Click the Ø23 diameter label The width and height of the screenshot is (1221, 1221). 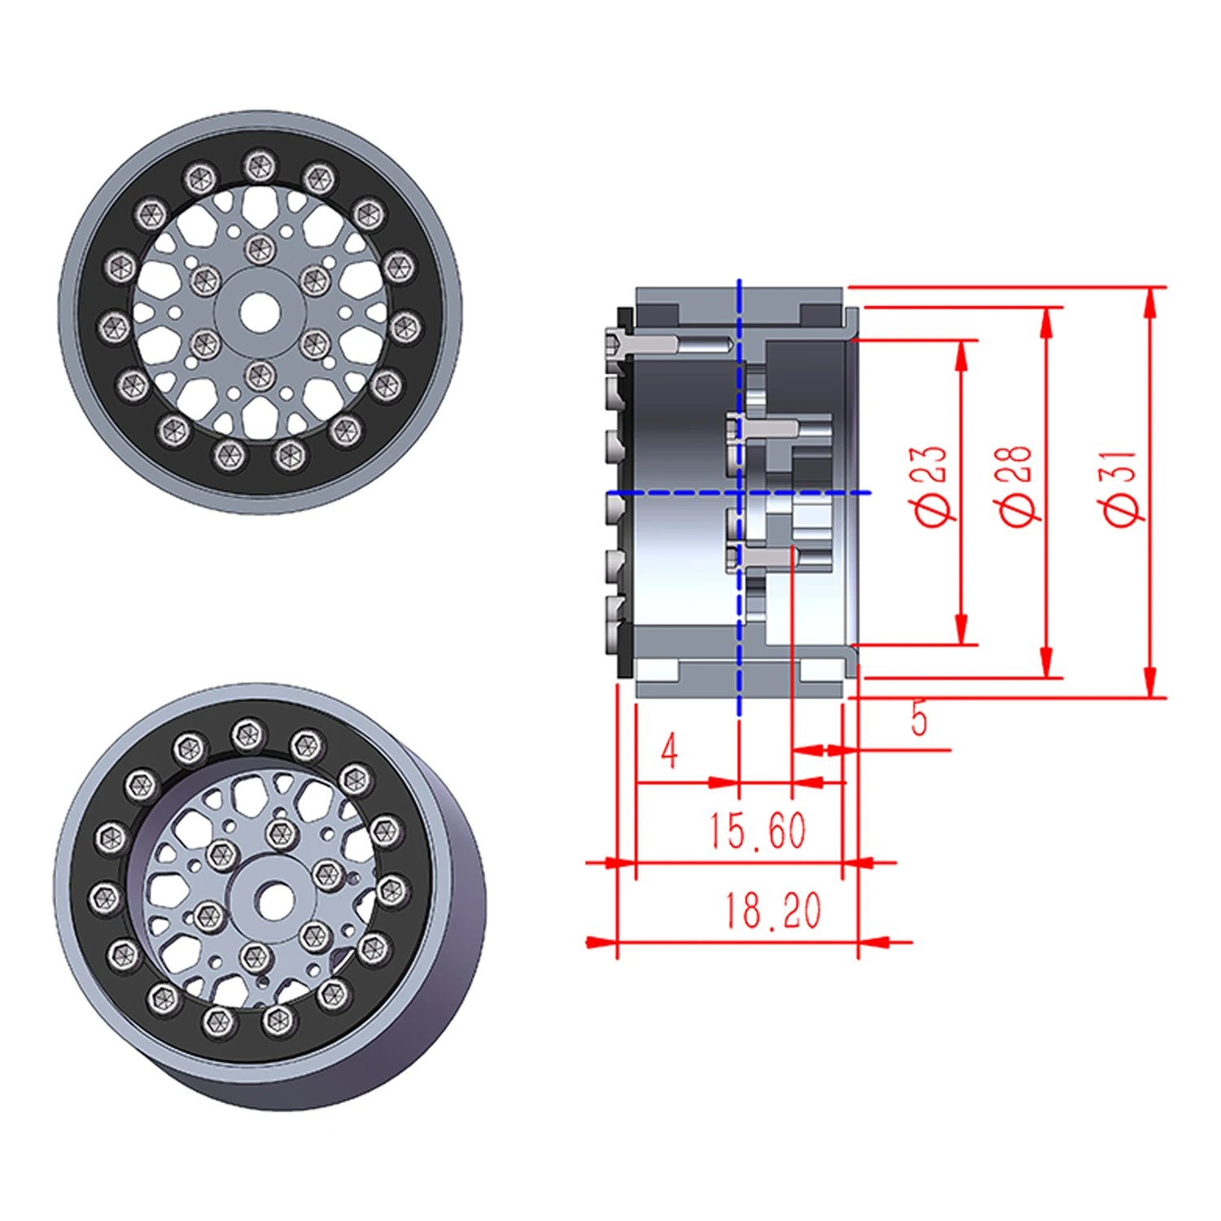(x=928, y=486)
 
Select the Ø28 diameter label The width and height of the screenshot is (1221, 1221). (x=1015, y=486)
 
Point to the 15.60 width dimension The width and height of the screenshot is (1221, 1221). (x=757, y=830)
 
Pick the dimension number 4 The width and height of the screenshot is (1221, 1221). (x=669, y=751)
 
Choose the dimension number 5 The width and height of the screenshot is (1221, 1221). (x=919, y=719)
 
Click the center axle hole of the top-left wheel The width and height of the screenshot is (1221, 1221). (x=259, y=311)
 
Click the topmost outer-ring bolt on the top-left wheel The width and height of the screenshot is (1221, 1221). (x=259, y=165)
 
